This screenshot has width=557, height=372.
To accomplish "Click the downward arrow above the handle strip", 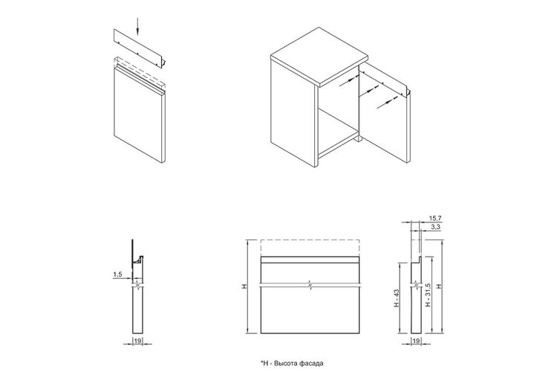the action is (137, 28).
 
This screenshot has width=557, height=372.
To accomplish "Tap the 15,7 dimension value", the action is (434, 218).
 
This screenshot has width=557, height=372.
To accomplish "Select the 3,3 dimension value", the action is (436, 226).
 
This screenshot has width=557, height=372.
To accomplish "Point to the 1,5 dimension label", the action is (117, 274).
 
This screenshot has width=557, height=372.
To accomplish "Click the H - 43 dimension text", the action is (397, 298).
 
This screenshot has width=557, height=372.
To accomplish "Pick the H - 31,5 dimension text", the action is (428, 295).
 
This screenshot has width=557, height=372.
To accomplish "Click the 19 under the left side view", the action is (137, 341).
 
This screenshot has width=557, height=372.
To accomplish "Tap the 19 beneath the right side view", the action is (416, 341).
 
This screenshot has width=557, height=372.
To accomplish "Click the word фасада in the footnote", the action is (311, 364).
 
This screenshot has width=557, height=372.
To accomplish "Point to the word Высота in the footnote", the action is (286, 364).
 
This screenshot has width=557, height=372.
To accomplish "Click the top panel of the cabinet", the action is (319, 57).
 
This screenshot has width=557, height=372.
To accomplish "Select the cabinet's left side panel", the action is (294, 112).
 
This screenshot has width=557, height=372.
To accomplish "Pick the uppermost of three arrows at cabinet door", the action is (348, 81).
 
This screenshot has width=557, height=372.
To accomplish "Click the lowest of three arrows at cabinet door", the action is (387, 102).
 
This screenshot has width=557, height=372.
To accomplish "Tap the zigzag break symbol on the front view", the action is (310, 286).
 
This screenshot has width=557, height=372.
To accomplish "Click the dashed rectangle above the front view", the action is (310, 248).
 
